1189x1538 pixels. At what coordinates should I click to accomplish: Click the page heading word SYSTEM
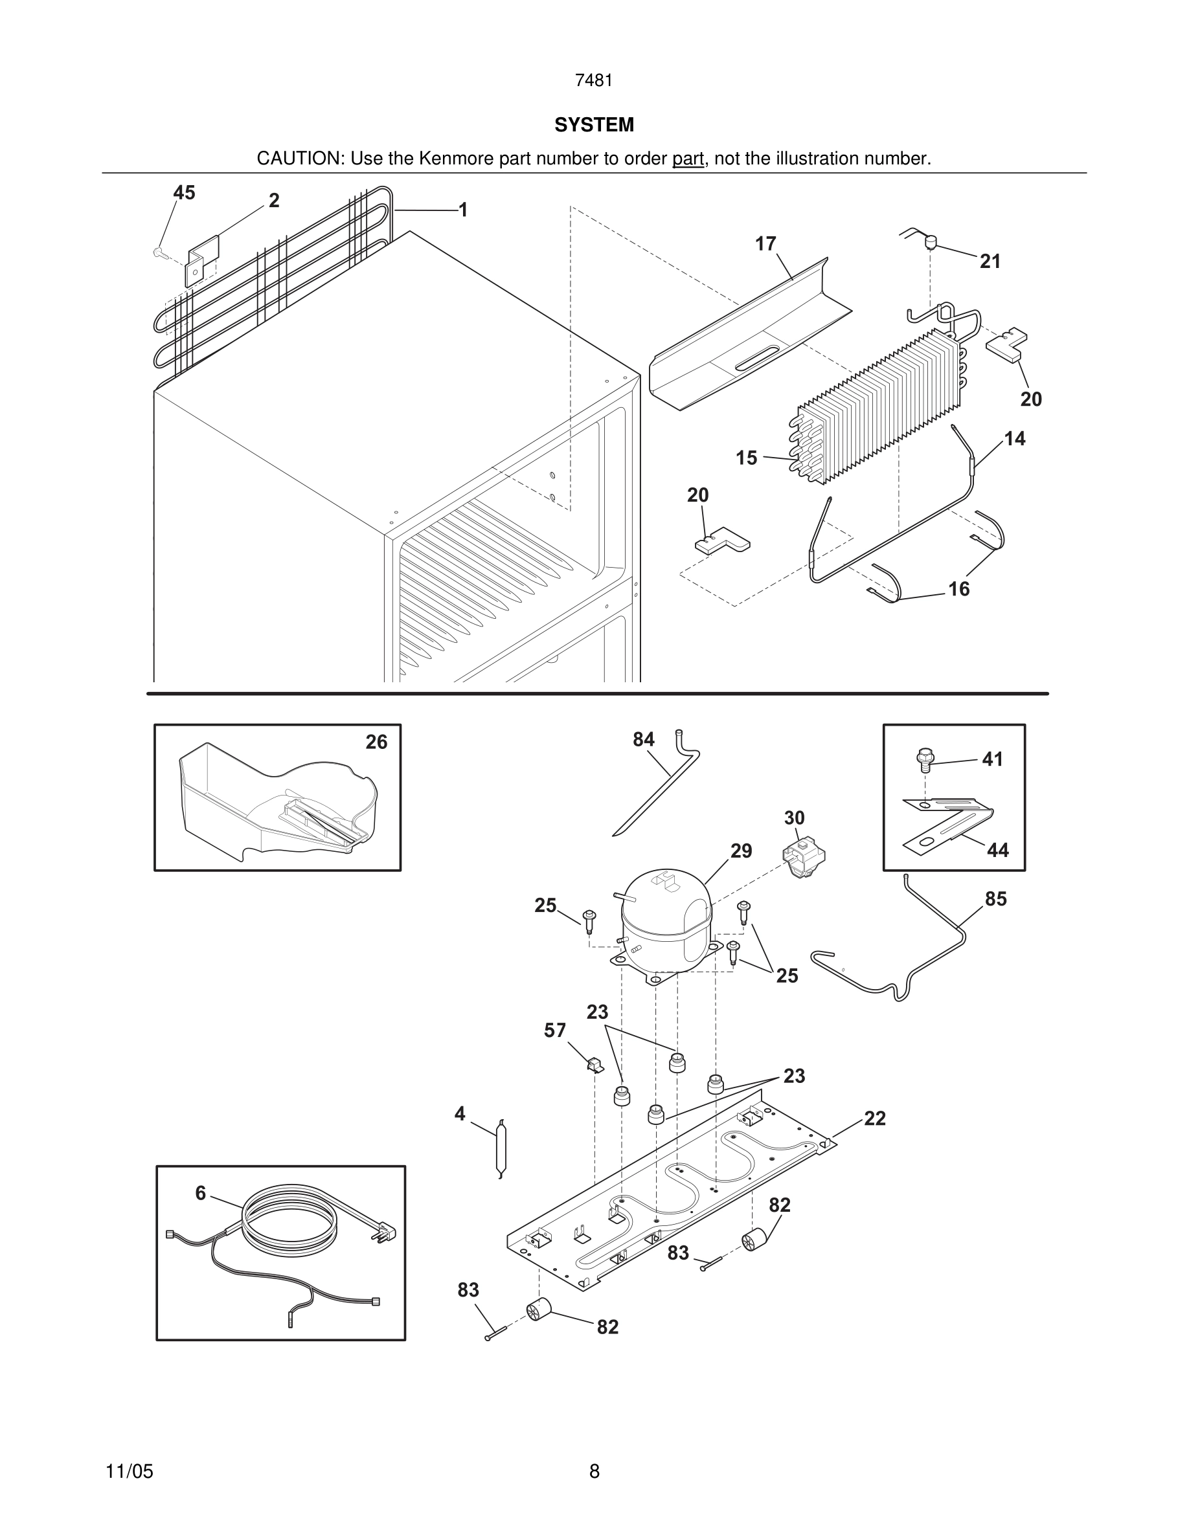pyautogui.click(x=594, y=125)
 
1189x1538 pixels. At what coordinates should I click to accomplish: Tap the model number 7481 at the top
pyautogui.click(x=594, y=81)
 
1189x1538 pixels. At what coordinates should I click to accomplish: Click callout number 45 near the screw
pyautogui.click(x=184, y=193)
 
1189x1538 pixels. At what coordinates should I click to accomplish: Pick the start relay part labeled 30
pyautogui.click(x=804, y=860)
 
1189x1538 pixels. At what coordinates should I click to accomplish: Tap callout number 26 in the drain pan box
pyautogui.click(x=376, y=742)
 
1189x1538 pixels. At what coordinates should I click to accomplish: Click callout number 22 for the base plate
pyautogui.click(x=875, y=1119)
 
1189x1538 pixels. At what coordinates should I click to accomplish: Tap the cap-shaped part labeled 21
pyautogui.click(x=930, y=243)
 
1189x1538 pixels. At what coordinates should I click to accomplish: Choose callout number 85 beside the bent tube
pyautogui.click(x=996, y=899)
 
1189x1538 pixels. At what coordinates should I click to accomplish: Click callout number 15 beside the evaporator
pyautogui.click(x=747, y=458)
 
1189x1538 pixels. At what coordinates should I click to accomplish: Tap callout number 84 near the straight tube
pyautogui.click(x=644, y=739)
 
